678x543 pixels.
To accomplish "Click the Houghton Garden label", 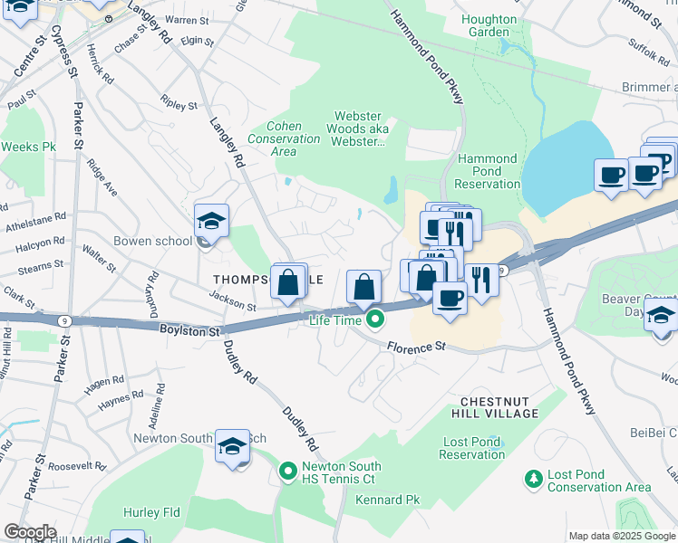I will [489, 25].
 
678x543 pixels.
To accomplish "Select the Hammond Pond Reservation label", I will [488, 171].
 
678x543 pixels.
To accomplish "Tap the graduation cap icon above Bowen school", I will [211, 221].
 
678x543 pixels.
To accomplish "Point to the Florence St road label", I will [417, 346].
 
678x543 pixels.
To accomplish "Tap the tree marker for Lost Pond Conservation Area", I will [534, 477].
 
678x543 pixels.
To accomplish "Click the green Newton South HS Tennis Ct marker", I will [288, 472].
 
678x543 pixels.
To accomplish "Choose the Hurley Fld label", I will [151, 512].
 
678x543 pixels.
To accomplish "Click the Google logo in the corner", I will [31, 531].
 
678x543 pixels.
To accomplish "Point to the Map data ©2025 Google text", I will [621, 536].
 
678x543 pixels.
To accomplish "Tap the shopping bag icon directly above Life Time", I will [363, 287].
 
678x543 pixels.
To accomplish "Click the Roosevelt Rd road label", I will [77, 466].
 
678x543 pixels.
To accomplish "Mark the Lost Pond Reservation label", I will [472, 448].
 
